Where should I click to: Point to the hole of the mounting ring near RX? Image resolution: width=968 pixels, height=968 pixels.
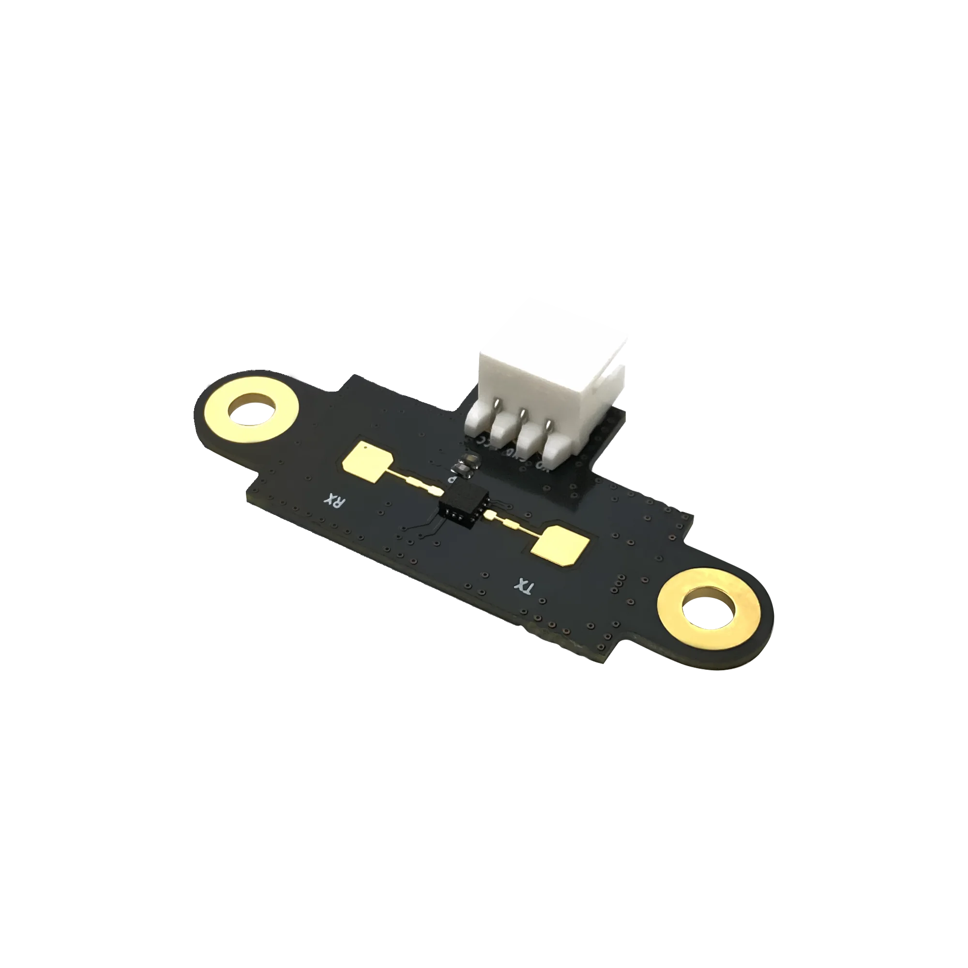252,409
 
